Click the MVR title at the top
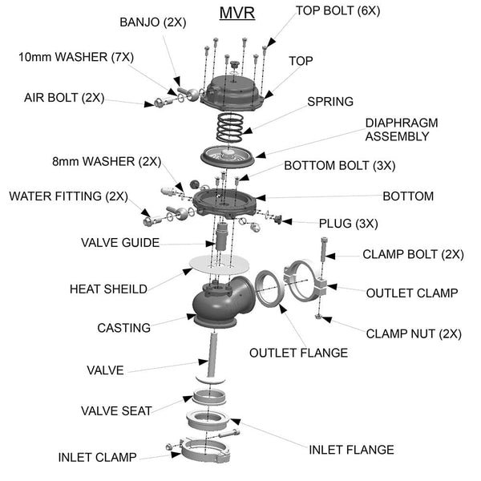[x=237, y=14]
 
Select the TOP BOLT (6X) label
[x=338, y=10]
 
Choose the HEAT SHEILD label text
[x=108, y=289]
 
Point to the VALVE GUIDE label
[x=120, y=242]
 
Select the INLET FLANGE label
[x=352, y=450]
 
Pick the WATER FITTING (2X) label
[x=68, y=196]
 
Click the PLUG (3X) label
[x=348, y=223]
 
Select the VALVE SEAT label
[x=116, y=410]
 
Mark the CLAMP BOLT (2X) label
[x=413, y=254]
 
